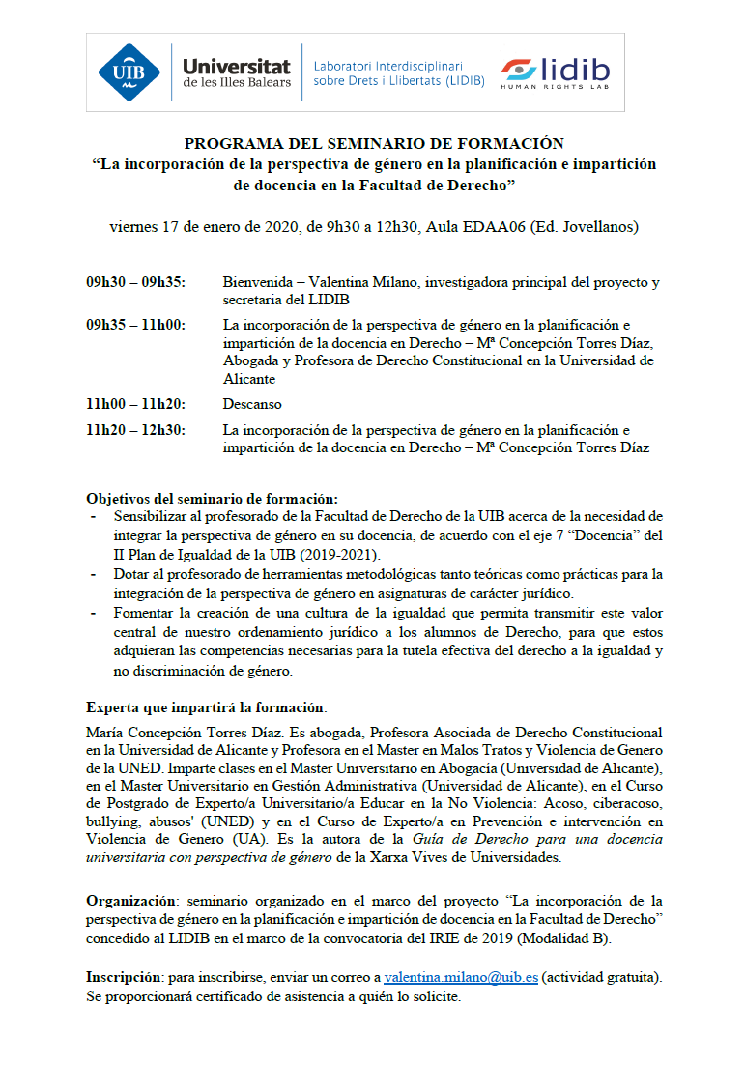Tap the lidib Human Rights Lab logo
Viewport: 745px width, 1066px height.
coord(555,73)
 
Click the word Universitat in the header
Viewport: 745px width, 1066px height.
coord(236,66)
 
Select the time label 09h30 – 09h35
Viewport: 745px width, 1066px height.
coord(136,283)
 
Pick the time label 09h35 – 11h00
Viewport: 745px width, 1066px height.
coord(136,326)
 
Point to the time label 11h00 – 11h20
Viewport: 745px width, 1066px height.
coord(136,404)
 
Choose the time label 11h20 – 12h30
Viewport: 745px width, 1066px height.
coord(136,430)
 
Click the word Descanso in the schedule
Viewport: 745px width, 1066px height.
coord(252,404)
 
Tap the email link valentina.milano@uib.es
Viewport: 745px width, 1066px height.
coord(461,978)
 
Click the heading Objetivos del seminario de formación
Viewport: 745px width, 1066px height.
coord(212,499)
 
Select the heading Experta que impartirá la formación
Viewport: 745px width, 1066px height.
coord(206,706)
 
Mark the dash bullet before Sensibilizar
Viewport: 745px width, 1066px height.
coord(93,517)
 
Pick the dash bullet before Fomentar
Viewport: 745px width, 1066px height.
coord(93,614)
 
